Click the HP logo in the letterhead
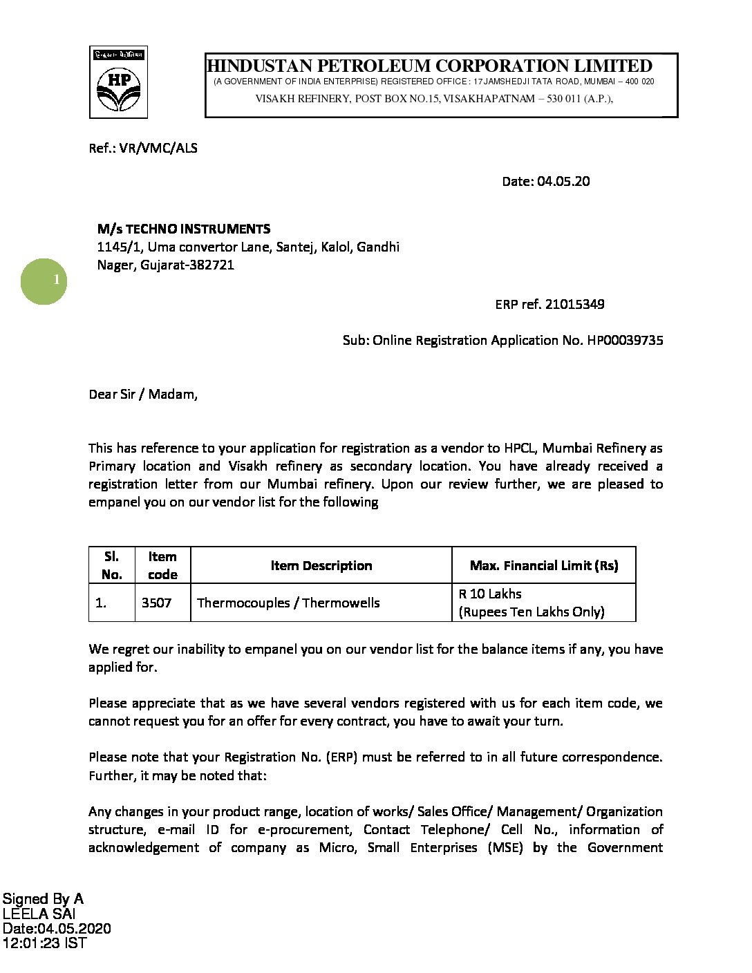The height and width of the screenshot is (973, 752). pos(118,82)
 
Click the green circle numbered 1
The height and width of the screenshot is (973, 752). pos(43,281)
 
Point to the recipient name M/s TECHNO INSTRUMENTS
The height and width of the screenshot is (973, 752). pos(184,229)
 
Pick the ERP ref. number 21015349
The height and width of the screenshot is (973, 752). pos(575,304)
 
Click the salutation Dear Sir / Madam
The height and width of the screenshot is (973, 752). pos(143,395)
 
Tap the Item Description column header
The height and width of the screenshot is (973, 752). pos(321,565)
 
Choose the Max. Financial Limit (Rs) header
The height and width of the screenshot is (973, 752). pos(544,565)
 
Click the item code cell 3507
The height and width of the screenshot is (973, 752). pos(156,603)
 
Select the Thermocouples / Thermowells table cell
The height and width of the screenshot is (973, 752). pos(288,603)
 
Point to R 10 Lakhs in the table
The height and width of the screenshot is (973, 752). pos(490,594)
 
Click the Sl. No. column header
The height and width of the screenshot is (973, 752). pos(111,565)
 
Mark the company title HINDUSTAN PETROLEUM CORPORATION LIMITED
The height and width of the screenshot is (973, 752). pos(429,66)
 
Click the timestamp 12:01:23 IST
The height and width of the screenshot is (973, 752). pos(44,943)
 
